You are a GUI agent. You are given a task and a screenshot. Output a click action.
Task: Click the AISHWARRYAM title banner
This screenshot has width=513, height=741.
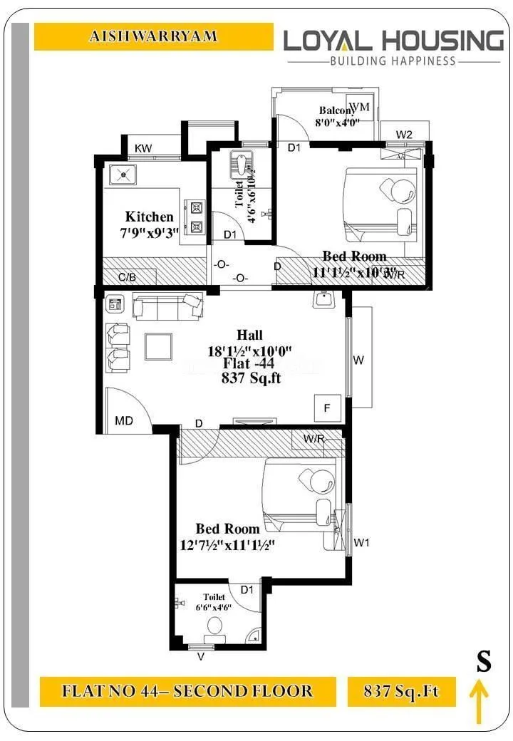coord(153,36)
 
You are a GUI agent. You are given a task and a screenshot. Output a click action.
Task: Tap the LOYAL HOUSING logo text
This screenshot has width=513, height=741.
coord(393,40)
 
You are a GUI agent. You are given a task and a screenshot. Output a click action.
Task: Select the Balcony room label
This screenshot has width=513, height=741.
coord(336,110)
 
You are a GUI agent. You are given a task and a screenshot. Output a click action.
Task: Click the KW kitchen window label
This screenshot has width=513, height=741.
coord(143,148)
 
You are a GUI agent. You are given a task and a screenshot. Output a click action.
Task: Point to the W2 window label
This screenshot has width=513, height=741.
coord(404,134)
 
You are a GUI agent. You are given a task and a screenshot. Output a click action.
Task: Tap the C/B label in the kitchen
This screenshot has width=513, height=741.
coord(128,276)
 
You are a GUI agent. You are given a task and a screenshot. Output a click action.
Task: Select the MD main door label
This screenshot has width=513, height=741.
coord(124,421)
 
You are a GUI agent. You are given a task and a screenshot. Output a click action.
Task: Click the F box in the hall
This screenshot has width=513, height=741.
coord(327,408)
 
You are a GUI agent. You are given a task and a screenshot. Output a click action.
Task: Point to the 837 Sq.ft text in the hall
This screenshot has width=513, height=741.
coord(252,378)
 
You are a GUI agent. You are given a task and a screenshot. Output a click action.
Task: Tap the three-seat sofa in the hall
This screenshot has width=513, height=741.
coord(168,306)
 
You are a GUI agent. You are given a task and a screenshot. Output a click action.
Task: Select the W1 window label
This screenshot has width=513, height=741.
coord(362,543)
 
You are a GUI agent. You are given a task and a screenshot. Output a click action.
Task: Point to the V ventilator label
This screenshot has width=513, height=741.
coord(200,657)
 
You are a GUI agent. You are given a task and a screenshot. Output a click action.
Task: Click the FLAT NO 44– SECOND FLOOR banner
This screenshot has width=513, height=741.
coord(187,691)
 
